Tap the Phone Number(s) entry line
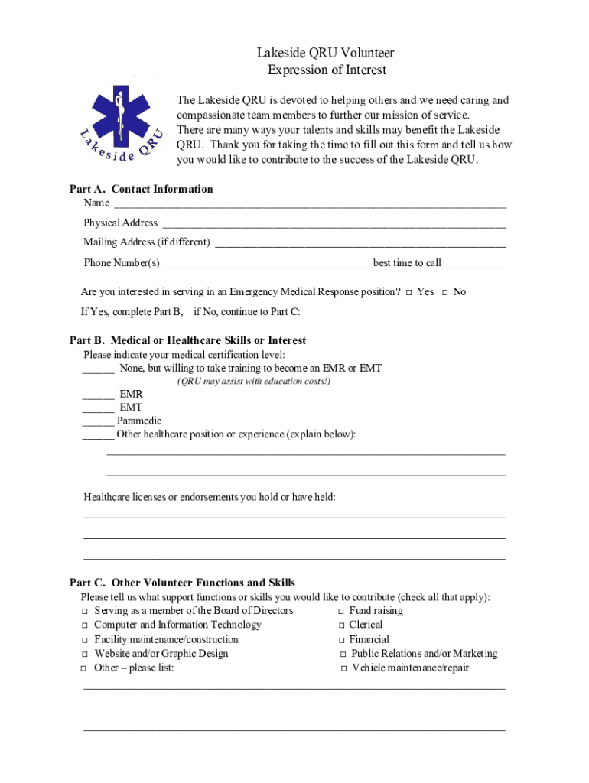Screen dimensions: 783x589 [x=265, y=264]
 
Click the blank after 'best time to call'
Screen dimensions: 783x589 [x=475, y=264]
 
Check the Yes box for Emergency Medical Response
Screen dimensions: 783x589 [x=409, y=293]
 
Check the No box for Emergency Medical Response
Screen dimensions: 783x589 [x=445, y=293]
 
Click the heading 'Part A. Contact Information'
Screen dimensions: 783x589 [x=142, y=189]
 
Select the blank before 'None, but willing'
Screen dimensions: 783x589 [x=98, y=369]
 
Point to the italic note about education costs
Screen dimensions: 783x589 [x=254, y=382]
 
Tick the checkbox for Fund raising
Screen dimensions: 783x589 [x=341, y=612]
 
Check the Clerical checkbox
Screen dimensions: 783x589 [x=341, y=625]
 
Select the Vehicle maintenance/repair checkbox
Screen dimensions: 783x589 [x=343, y=669]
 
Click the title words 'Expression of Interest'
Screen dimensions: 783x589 [x=327, y=70]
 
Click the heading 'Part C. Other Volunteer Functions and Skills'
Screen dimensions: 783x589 [x=182, y=583]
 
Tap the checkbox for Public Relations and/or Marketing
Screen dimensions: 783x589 [x=343, y=655]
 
